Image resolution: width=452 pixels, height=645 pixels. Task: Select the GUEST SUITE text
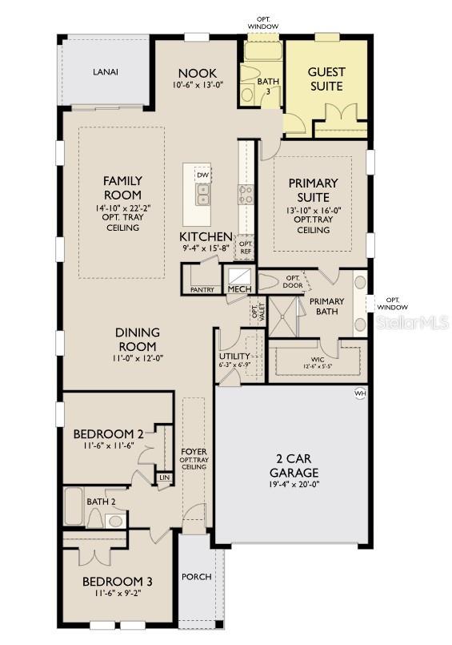click(x=326, y=79)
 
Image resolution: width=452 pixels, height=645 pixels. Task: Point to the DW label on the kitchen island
click(x=203, y=175)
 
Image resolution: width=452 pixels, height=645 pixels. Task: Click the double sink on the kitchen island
click(x=203, y=194)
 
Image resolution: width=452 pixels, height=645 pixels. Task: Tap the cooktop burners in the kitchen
click(x=246, y=193)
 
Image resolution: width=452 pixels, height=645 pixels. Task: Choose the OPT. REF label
click(x=246, y=247)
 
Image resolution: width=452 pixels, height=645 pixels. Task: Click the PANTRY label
click(x=202, y=290)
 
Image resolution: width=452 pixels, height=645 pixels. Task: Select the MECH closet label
click(x=238, y=289)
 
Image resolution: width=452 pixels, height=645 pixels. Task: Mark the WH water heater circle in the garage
click(x=360, y=393)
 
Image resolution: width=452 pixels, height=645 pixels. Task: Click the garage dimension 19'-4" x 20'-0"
click(x=294, y=484)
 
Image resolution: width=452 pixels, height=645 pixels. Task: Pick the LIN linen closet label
click(x=164, y=477)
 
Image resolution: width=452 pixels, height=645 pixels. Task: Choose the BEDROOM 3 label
click(x=118, y=582)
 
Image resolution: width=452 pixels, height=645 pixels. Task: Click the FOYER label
click(x=194, y=452)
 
